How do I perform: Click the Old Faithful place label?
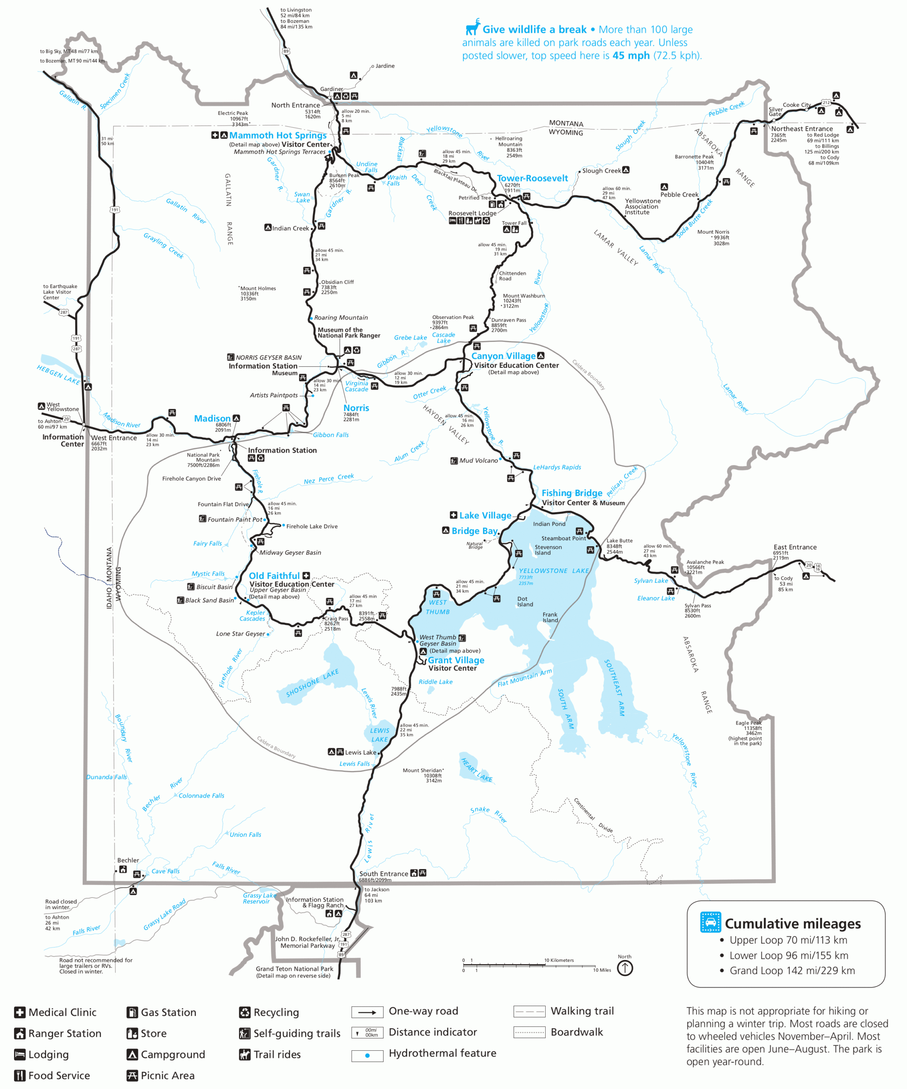(x=274, y=576)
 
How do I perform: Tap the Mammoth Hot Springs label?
(x=278, y=135)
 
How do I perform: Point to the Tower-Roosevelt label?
(x=532, y=178)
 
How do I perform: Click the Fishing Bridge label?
(x=572, y=493)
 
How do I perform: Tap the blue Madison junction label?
(x=212, y=419)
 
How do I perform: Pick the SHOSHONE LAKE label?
(x=312, y=683)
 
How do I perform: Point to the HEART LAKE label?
(x=476, y=770)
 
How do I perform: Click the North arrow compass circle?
(x=625, y=968)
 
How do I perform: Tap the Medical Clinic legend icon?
(x=20, y=1012)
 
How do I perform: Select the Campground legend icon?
(x=132, y=1054)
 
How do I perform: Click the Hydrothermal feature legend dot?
(x=367, y=1055)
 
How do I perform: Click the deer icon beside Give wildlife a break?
(x=472, y=27)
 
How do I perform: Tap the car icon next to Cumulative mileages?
(x=710, y=923)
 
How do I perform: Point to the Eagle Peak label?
(x=748, y=723)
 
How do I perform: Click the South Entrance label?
(x=383, y=874)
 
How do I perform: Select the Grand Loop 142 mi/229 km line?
(x=792, y=970)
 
